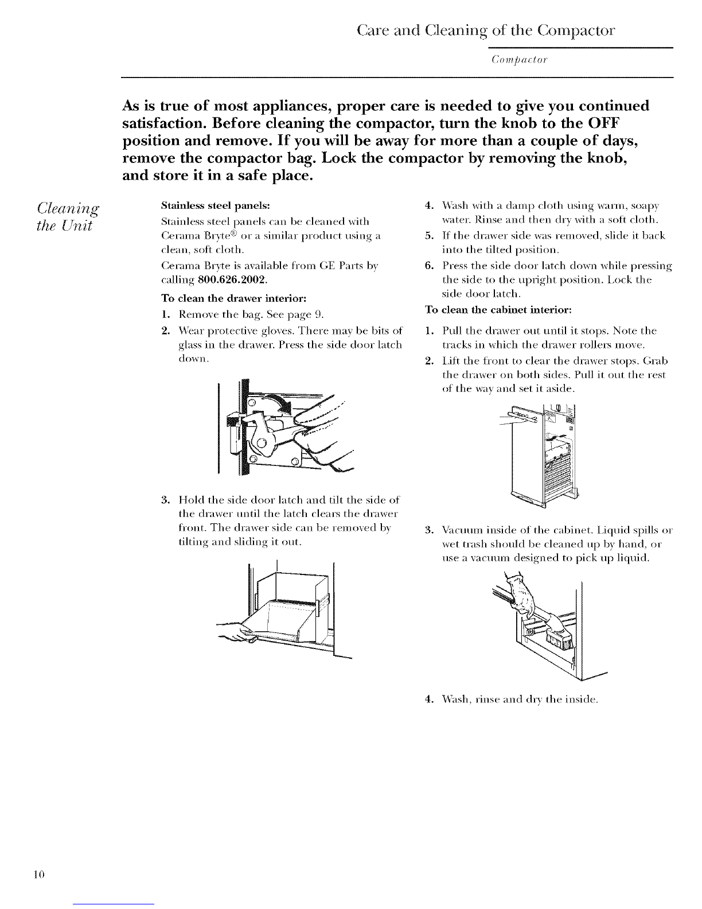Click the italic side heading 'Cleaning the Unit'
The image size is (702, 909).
point(68,216)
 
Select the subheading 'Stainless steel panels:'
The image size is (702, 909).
point(215,206)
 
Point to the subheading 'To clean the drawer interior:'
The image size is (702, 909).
point(234,298)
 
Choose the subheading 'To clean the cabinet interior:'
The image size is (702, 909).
point(498,310)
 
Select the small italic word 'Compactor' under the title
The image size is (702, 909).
point(519,60)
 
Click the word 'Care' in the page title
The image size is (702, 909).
point(373,30)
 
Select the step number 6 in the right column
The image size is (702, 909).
point(428,266)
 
